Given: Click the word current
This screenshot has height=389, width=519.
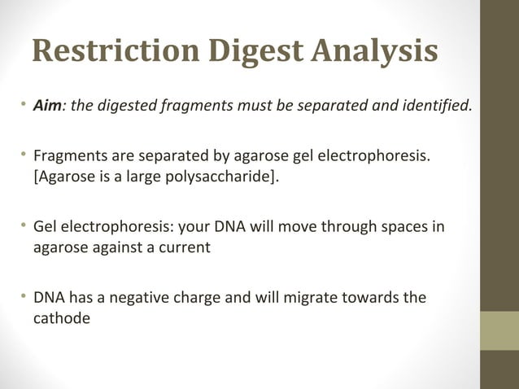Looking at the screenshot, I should pos(184,246).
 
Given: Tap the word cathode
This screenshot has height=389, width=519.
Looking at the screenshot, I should pos(61,317).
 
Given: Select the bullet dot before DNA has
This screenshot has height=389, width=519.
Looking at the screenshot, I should pos(24,297).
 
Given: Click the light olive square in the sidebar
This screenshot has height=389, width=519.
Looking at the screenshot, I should pos(499,330).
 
